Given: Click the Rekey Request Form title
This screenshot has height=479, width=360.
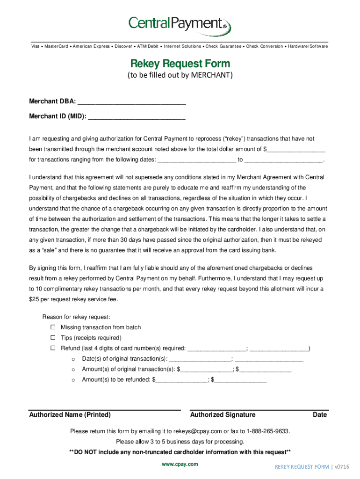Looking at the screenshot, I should pyautogui.click(x=180, y=63).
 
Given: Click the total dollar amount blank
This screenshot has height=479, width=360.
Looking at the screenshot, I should pyautogui.click(x=296, y=149).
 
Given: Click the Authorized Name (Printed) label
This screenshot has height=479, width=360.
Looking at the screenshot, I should pyautogui.click(x=70, y=415).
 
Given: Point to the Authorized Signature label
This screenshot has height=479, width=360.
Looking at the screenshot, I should pyautogui.click(x=223, y=415).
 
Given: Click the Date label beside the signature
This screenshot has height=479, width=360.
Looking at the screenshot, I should pyautogui.click(x=320, y=415).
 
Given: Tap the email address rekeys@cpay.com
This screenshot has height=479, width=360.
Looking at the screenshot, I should pyautogui.click(x=197, y=431).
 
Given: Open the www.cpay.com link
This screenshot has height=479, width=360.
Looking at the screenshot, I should pyautogui.click(x=180, y=464).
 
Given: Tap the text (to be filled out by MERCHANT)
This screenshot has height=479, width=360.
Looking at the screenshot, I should pyautogui.click(x=180, y=75).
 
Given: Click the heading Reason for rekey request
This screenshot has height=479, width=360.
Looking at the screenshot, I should pyautogui.click(x=76, y=317).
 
